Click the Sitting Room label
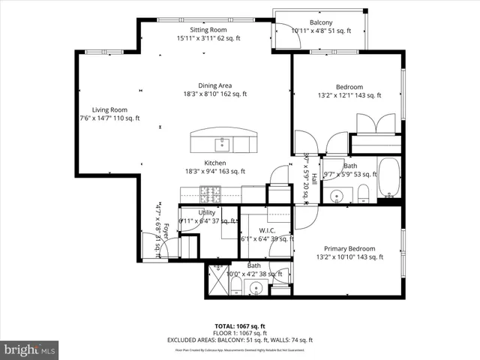click(203, 30)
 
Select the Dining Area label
click(215, 85)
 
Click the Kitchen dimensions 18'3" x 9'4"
click(215, 171)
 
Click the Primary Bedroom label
click(349, 248)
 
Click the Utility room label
click(207, 212)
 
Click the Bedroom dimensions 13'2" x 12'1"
click(349, 95)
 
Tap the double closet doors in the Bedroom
click(374, 124)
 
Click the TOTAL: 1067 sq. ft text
click(240, 325)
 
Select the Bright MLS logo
click(29, 349)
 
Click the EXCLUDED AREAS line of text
click(240, 340)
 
